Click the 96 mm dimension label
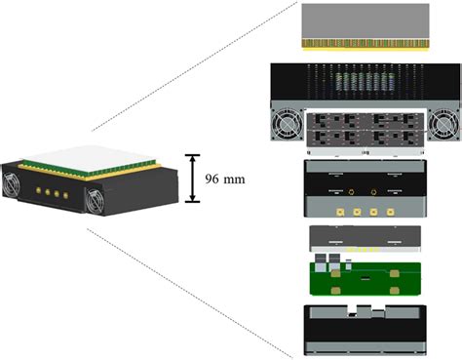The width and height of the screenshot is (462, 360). pos(226,179)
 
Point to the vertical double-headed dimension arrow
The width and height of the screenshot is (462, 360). pos(194,178)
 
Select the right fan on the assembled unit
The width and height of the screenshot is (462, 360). pos(100,200)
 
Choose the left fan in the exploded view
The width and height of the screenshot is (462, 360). pos(289,124)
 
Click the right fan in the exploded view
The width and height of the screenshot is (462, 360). pos(444,124)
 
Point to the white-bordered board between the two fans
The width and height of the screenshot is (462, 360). pos(366,132)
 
